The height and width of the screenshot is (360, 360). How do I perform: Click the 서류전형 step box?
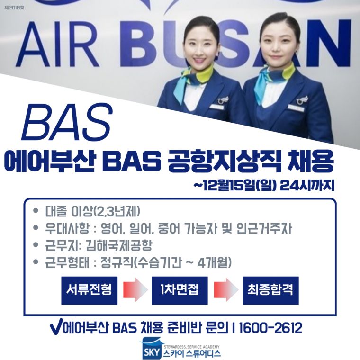90,290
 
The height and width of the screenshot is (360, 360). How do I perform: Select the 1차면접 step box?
180,290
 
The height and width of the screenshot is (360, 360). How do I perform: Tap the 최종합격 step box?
270,290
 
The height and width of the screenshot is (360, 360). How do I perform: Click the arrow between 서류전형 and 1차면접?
135,290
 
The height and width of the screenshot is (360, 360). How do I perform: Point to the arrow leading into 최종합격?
226,290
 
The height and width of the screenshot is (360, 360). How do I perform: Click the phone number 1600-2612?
270,328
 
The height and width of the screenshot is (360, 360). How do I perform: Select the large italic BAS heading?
67,122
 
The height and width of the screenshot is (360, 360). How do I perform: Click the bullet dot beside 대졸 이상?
36,210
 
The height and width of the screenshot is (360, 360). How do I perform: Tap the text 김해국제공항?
119,245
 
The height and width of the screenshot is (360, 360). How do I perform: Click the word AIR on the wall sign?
57,44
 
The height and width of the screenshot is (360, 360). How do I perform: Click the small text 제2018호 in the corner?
14,8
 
